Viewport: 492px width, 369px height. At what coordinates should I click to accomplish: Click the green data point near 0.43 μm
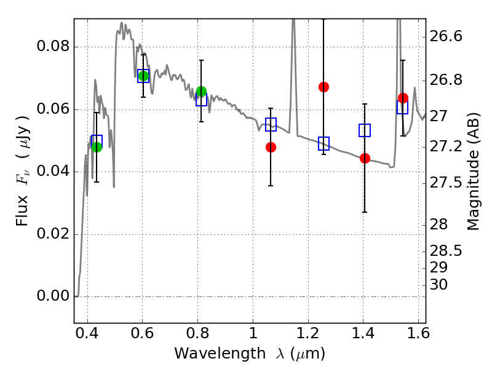(97, 147)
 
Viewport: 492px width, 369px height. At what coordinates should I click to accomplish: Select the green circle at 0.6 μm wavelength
(143, 76)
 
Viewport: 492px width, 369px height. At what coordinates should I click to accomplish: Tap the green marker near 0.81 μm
(201, 91)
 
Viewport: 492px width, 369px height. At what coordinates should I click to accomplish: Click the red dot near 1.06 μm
(271, 147)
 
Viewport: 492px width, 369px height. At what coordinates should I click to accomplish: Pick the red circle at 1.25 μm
(324, 87)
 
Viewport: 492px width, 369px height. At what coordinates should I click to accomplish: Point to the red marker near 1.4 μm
(365, 159)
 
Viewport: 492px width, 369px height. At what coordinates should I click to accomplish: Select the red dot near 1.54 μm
(403, 98)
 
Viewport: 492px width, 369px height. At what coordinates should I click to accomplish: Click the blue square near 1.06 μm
(271, 124)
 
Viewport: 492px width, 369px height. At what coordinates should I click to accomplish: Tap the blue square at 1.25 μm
(324, 143)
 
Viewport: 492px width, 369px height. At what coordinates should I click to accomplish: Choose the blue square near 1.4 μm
(365, 130)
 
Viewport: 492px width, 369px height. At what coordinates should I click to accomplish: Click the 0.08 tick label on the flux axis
(53, 46)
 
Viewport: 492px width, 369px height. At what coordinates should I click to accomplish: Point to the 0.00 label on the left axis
(53, 296)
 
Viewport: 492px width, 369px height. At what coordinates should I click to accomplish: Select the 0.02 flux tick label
(53, 234)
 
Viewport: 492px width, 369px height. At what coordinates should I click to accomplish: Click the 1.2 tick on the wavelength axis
(308, 333)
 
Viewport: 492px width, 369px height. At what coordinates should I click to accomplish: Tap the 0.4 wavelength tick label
(87, 333)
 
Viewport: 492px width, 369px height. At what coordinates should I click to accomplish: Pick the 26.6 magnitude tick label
(446, 36)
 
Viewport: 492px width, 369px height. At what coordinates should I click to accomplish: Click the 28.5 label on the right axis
(446, 251)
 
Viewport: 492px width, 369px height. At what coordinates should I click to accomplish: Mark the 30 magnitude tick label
(438, 285)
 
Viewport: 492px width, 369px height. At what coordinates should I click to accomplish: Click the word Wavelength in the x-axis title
(220, 354)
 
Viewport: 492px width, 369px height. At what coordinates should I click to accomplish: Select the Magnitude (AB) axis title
(474, 172)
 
